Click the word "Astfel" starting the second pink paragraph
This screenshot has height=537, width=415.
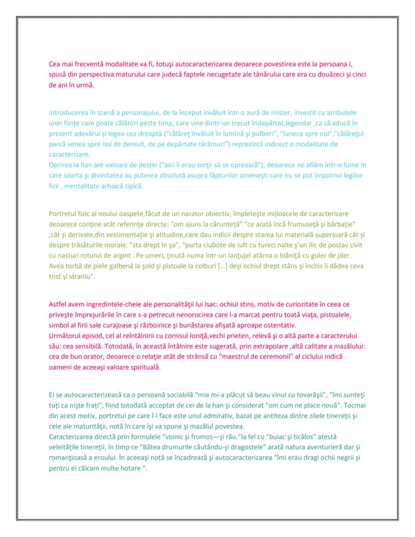(58, 304)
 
